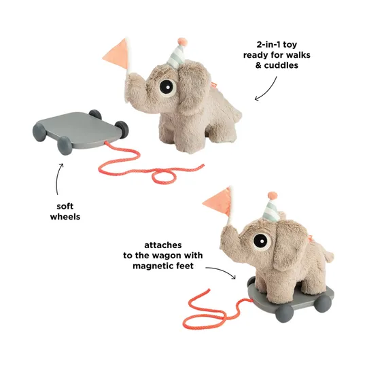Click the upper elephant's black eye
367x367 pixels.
coord(167,87)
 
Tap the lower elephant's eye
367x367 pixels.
coord(262,241)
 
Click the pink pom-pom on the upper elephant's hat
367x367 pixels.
coord(182,42)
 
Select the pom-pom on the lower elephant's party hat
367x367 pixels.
coord(273,196)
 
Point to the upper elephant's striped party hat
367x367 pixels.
coord(176,56)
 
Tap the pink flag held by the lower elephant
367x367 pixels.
coord(218,201)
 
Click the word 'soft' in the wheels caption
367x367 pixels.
coord(65,206)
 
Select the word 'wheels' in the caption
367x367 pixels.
coord(65,217)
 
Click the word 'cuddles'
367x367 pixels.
coord(281,65)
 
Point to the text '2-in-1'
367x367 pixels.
coord(268,44)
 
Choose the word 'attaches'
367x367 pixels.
coord(163,245)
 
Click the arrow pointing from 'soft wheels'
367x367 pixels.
coord(57,179)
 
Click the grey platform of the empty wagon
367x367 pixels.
coord(80,129)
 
